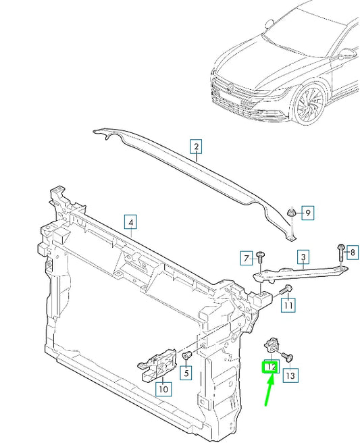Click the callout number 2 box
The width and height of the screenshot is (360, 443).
(x=196, y=147)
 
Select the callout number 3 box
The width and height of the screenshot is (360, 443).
(x=304, y=257)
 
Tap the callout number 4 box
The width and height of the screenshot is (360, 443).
(x=130, y=220)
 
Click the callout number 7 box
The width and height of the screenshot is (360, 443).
(x=247, y=257)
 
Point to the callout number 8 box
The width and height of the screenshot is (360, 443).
(x=351, y=253)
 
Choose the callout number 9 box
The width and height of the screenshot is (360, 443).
(x=307, y=213)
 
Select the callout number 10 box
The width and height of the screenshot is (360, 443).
(x=163, y=388)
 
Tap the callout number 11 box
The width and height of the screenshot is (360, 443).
(x=288, y=305)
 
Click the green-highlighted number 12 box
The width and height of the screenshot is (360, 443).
(x=270, y=367)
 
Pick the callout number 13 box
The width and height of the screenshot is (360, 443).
(x=290, y=375)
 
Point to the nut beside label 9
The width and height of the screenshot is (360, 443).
(x=290, y=214)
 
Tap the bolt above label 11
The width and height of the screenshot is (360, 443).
(x=285, y=290)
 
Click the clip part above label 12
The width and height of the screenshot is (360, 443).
(x=273, y=345)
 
